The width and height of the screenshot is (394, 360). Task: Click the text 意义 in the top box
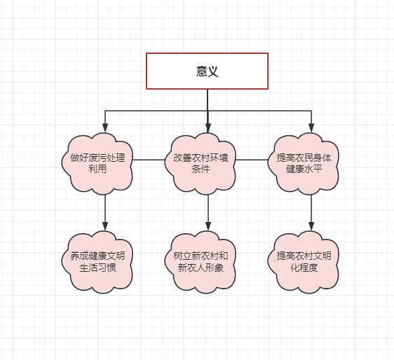[x=208, y=71]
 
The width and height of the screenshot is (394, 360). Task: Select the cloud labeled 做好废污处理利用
[x=97, y=164]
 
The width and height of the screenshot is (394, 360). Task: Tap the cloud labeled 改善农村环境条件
[x=201, y=164]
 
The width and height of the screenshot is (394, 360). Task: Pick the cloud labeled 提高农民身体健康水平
[x=304, y=164]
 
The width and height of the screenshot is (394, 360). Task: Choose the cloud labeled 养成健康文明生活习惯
[x=97, y=262]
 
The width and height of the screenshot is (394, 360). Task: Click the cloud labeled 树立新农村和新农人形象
[x=201, y=262]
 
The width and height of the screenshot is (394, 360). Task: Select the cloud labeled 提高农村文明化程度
[x=304, y=262]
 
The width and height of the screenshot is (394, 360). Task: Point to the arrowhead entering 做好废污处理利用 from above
[x=105, y=127]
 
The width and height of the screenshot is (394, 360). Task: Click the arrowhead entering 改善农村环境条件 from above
[x=208, y=127]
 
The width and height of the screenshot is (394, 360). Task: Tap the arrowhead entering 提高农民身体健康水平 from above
[x=311, y=127]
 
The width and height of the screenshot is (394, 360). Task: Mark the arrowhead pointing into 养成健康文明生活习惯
[x=105, y=226]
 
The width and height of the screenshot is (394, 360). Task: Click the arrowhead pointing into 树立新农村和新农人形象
[x=208, y=226]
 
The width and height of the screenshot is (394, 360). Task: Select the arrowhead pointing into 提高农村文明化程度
[x=311, y=226]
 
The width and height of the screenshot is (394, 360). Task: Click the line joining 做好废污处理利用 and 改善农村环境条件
[x=149, y=160]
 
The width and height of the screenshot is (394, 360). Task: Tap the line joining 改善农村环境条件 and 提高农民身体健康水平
[x=252, y=160]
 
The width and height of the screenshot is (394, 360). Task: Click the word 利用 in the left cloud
[x=97, y=169]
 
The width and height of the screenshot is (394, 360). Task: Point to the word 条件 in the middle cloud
[x=201, y=169]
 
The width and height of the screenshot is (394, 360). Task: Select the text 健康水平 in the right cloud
[x=304, y=169]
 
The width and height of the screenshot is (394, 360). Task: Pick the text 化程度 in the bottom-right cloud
[x=304, y=268]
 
